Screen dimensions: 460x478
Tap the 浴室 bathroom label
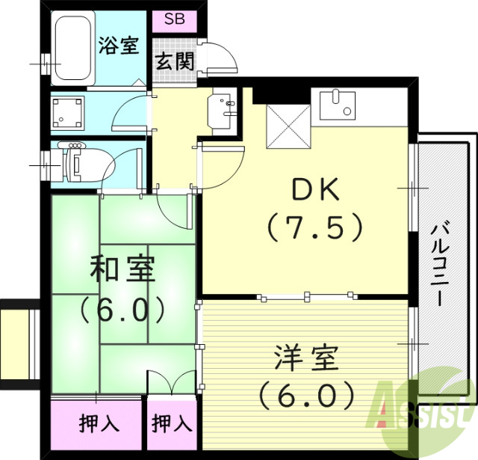[x=119, y=45]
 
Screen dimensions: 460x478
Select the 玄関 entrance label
[x=175, y=61]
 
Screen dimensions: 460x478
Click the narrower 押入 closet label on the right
[x=173, y=424]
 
